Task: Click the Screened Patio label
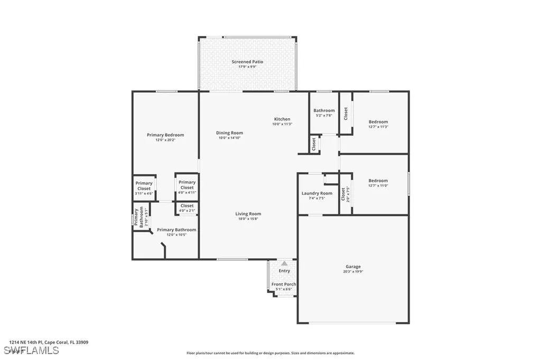pyautogui.click(x=247, y=62)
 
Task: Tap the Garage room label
pyautogui.click(x=353, y=267)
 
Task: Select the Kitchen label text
pyautogui.click(x=282, y=119)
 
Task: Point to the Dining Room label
pyautogui.click(x=229, y=132)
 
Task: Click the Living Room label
pyautogui.click(x=248, y=214)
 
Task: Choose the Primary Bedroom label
pyautogui.click(x=165, y=135)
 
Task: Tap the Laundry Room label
pyautogui.click(x=317, y=193)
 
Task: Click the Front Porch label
pyautogui.click(x=284, y=284)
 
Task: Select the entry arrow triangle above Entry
pyautogui.click(x=284, y=263)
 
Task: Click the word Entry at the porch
pyautogui.click(x=284, y=271)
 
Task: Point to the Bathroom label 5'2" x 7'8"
pyautogui.click(x=324, y=110)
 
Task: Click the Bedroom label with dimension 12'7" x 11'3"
pyautogui.click(x=378, y=122)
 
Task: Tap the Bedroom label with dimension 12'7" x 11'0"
pyautogui.click(x=378, y=181)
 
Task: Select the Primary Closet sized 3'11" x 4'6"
pyautogui.click(x=144, y=186)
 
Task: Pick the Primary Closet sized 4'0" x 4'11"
pyautogui.click(x=187, y=185)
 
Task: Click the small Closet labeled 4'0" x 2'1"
pyautogui.click(x=187, y=205)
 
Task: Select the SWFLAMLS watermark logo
pyautogui.click(x=31, y=350)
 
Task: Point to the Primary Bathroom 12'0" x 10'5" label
pyautogui.click(x=176, y=230)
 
